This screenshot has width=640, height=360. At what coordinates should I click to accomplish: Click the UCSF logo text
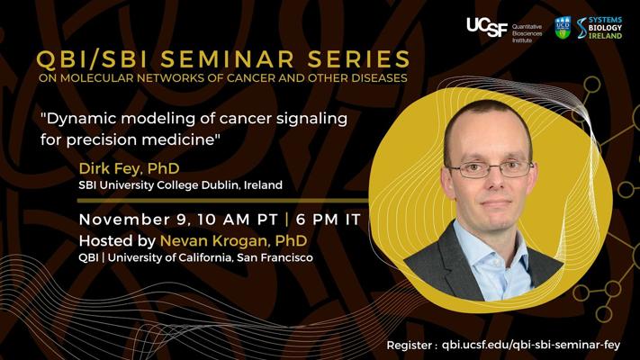(487, 27)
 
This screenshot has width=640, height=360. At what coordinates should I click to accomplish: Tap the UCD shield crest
(563, 28)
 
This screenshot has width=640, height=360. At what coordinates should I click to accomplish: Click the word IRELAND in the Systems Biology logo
(605, 35)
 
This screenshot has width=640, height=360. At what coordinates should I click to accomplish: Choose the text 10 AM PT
(238, 220)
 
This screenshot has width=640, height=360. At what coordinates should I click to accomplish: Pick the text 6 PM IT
(329, 220)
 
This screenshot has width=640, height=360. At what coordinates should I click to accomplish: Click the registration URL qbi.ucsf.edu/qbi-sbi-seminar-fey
(531, 345)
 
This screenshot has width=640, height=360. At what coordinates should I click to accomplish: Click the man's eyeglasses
(491, 168)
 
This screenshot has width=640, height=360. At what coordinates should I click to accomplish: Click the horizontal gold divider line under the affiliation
(223, 201)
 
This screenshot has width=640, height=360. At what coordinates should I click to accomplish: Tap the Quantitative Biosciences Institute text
(527, 33)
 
